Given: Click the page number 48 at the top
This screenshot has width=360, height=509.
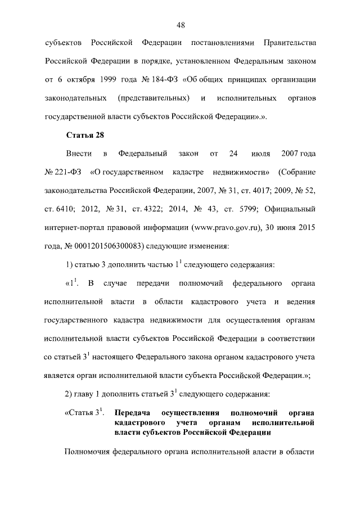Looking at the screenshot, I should (x=181, y=25).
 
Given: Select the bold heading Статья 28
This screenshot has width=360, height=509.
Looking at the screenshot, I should (x=85, y=135).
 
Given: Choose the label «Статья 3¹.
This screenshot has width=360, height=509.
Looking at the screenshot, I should (x=85, y=412).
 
